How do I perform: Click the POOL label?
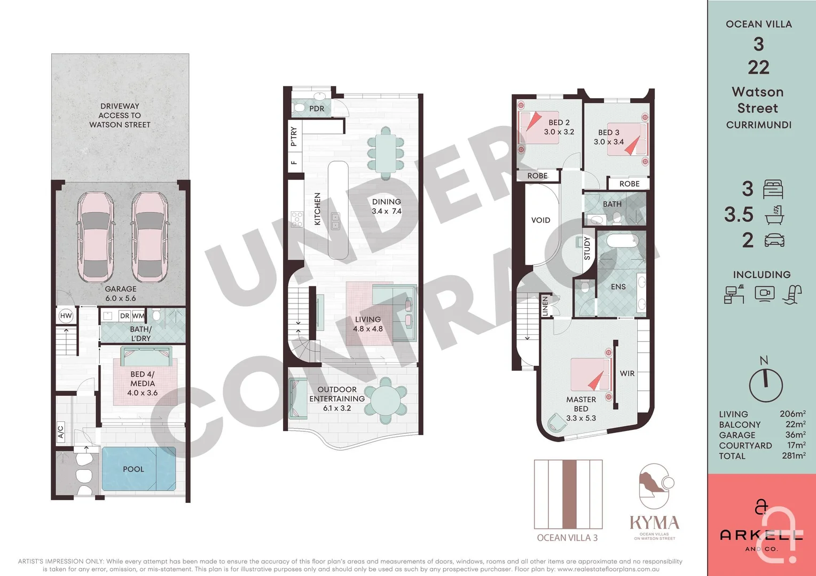pos(134,469)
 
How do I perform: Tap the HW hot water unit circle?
pos(66,316)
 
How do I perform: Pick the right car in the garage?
pos(150,237)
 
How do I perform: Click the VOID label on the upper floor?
pos(540,220)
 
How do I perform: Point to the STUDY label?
pos(587,248)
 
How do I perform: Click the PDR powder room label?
pos(317,108)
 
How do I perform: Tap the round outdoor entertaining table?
pos(386,400)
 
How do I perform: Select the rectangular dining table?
pos(386,153)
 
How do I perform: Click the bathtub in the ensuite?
pos(623,241)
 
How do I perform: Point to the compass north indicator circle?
pos(766,386)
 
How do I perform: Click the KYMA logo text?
pos(655,523)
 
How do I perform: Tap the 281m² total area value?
pos(794,455)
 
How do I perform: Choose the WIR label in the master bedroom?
pos(627,373)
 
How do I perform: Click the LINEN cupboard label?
pos(545,306)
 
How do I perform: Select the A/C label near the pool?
pos(60,431)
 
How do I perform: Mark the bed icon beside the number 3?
pos(773,189)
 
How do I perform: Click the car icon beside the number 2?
pos(774,240)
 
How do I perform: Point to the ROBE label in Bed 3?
pos(630,184)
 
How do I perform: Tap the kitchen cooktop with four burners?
pos(297,219)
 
